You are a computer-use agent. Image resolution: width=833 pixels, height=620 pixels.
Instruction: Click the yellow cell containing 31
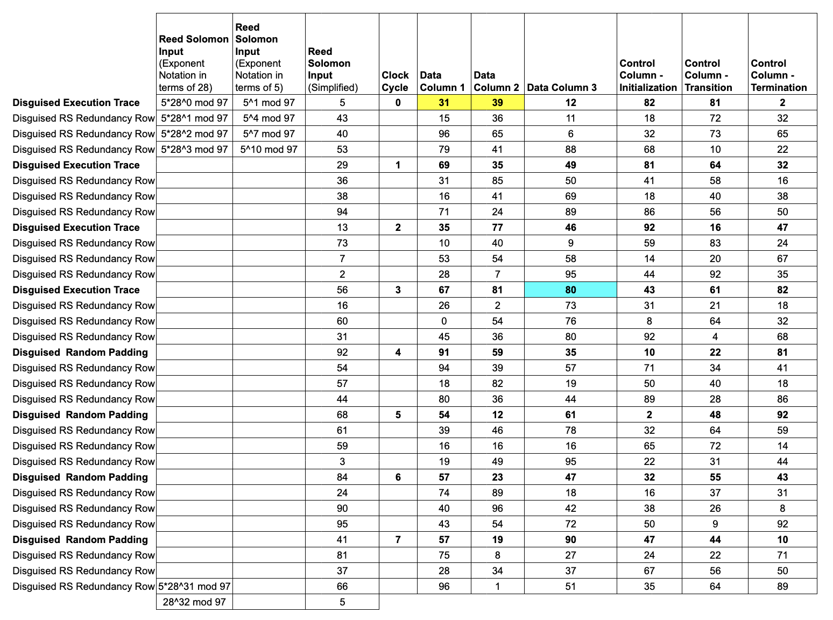(x=444, y=103)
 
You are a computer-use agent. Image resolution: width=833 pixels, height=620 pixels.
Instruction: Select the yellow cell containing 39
(x=497, y=103)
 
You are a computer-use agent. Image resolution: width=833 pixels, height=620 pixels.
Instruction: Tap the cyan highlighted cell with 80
(x=570, y=290)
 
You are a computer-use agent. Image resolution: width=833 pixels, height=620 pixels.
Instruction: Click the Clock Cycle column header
(x=396, y=81)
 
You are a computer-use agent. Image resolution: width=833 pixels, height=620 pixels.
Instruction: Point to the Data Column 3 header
(x=562, y=87)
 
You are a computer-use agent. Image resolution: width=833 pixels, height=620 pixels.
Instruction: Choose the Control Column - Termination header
(x=779, y=75)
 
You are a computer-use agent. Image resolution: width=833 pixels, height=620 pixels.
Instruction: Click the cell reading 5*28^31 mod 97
(x=194, y=587)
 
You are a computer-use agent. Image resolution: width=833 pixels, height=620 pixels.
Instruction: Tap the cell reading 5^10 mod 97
(x=269, y=150)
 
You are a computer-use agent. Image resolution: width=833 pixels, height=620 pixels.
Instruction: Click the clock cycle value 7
(x=398, y=540)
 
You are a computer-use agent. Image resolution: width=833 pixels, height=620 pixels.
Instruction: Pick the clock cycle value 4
(x=398, y=353)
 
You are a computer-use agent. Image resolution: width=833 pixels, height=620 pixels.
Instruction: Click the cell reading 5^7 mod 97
(x=269, y=134)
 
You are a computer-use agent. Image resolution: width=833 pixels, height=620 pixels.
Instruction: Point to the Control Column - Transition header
(x=708, y=75)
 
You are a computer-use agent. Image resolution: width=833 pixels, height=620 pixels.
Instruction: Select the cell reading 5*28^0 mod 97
(x=194, y=103)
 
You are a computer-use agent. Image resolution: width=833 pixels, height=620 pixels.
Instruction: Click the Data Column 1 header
(x=442, y=81)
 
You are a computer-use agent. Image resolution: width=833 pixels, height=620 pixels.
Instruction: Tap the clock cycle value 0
(x=398, y=103)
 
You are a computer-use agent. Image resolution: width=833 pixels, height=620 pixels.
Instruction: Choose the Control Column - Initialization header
(x=648, y=75)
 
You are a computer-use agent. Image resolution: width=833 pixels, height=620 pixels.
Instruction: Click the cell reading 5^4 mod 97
(x=269, y=118)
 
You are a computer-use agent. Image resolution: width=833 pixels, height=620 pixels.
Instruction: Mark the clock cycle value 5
(x=398, y=415)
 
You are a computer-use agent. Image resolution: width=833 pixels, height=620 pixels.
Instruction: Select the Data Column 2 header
(x=496, y=81)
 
